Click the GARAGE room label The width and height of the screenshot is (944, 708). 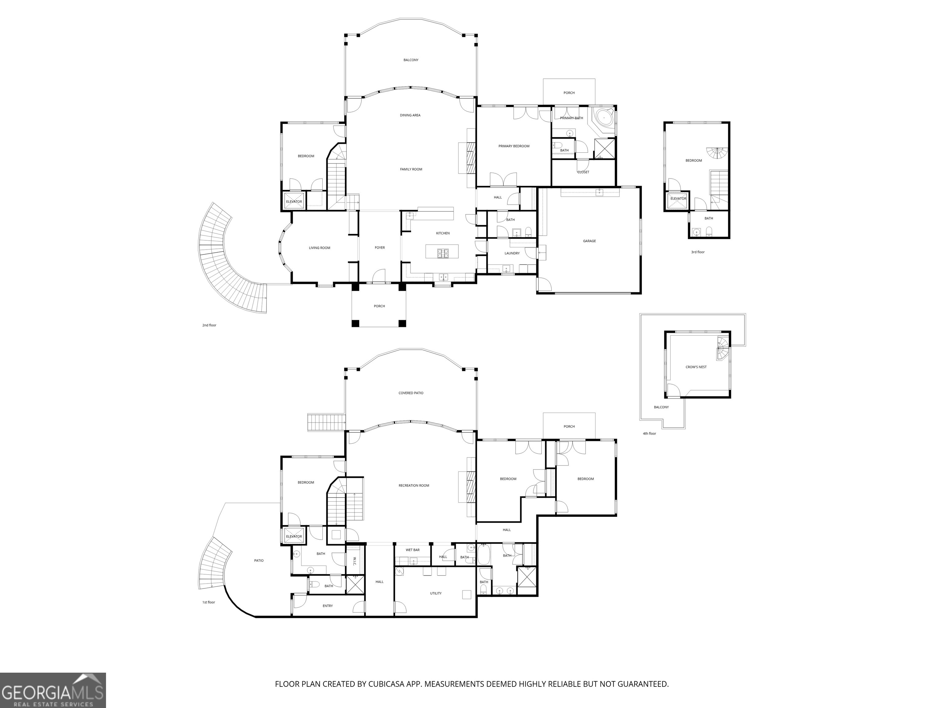589,241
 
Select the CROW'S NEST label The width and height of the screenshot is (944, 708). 696,367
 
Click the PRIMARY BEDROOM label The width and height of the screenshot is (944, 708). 514,146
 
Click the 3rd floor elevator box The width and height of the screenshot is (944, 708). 678,199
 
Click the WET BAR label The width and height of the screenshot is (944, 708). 412,550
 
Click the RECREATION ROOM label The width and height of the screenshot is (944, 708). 414,486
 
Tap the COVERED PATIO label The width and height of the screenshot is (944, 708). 411,393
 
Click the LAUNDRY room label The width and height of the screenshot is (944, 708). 512,254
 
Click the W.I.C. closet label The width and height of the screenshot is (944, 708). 354,562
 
